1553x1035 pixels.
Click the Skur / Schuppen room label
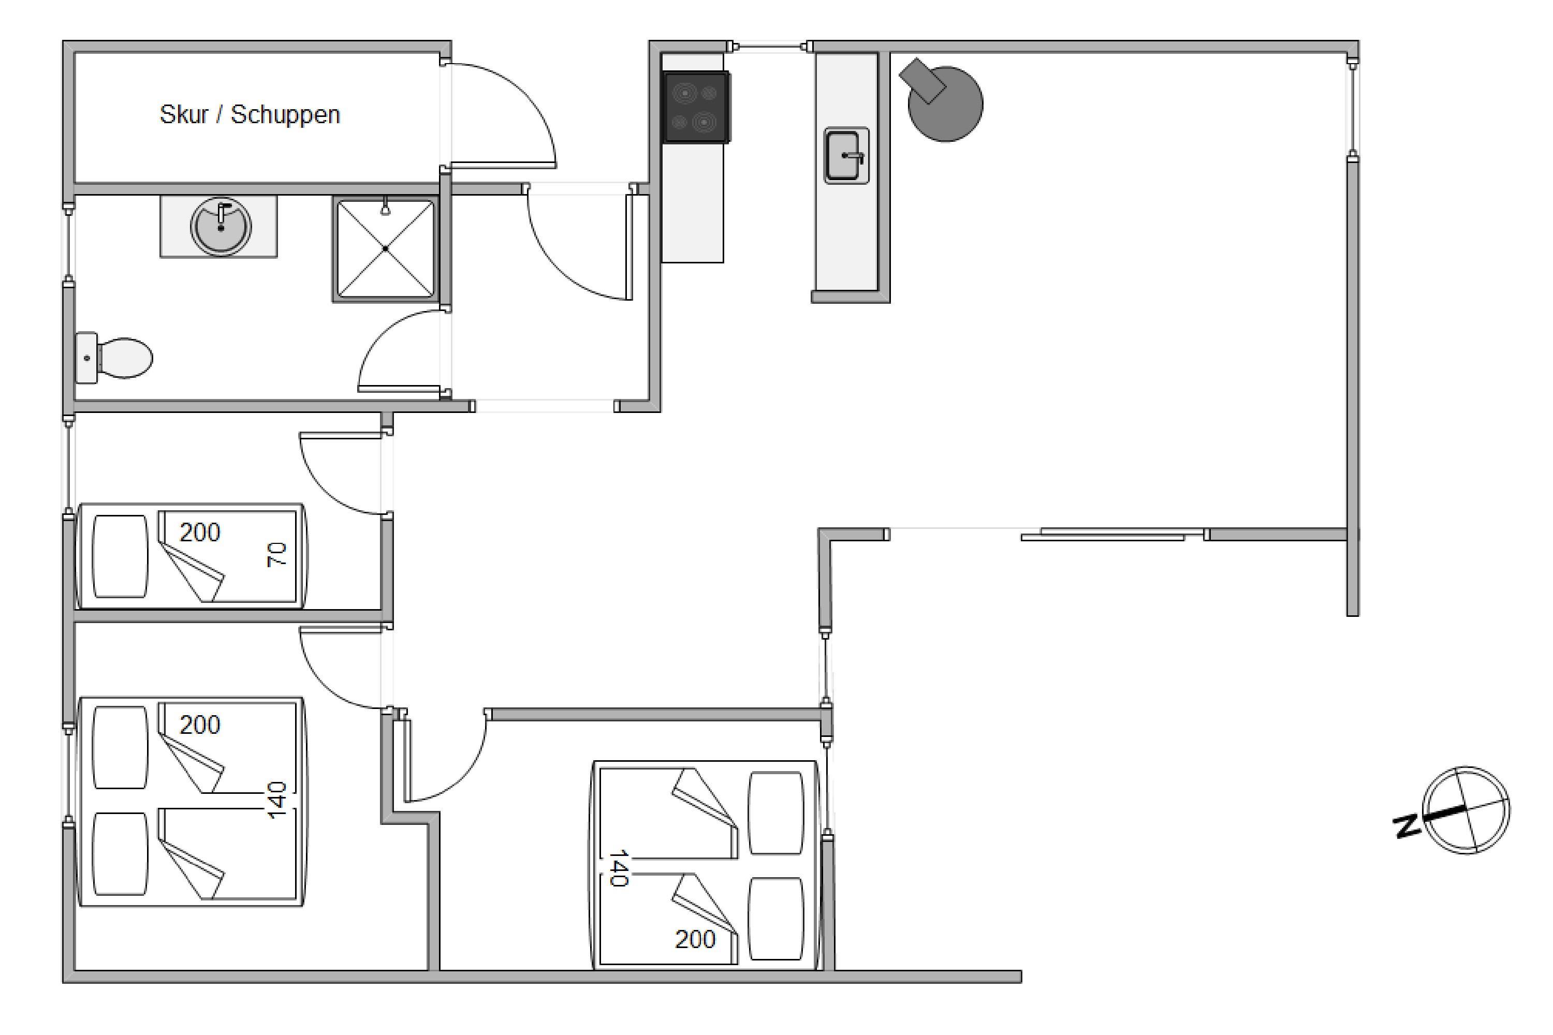[x=250, y=115]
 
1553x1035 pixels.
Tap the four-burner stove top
[x=696, y=107]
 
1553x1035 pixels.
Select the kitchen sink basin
[x=846, y=156]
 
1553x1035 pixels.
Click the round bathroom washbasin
[x=221, y=226]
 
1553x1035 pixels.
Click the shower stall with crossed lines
[x=386, y=249]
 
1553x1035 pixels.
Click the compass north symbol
[x=1466, y=810]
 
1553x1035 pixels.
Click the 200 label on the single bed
[x=199, y=532]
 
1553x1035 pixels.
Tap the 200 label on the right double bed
[x=695, y=939]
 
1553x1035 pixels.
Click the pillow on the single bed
[x=120, y=556]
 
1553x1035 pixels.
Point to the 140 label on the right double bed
[x=618, y=868]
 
